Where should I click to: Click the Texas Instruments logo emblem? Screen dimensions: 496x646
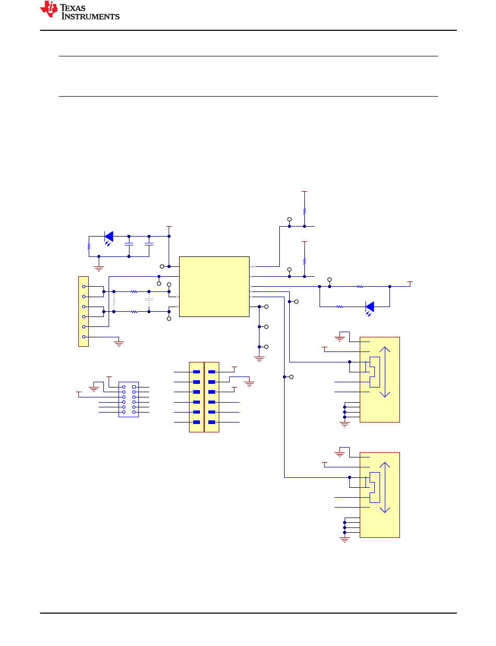click(x=49, y=9)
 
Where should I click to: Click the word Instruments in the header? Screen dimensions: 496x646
click(x=90, y=16)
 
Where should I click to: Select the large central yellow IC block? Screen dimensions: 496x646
click(x=214, y=286)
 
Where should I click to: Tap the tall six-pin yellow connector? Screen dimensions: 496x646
click(x=84, y=311)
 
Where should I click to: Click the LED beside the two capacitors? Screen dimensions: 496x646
click(x=109, y=237)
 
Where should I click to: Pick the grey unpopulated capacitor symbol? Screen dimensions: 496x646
click(x=149, y=299)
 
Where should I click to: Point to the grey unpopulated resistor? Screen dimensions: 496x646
click(x=114, y=301)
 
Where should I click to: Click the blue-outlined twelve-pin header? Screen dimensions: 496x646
click(x=128, y=400)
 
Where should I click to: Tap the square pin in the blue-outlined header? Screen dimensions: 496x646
click(x=134, y=387)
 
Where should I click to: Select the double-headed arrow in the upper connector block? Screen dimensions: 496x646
click(x=385, y=372)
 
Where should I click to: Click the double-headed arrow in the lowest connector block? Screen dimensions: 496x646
click(x=385, y=488)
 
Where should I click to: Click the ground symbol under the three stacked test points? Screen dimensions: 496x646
click(x=259, y=359)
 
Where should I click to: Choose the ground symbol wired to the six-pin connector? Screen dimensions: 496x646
click(x=119, y=344)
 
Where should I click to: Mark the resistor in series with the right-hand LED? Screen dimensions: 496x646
click(x=340, y=307)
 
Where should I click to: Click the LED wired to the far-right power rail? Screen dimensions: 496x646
click(x=370, y=308)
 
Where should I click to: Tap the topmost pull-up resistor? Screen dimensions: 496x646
click(x=304, y=212)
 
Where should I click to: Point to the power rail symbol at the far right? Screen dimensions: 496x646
click(x=410, y=284)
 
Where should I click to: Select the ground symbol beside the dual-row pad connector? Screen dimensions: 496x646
click(x=250, y=384)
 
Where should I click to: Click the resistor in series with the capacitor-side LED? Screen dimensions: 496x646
click(x=89, y=246)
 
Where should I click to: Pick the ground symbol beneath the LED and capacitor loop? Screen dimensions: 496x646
click(x=99, y=268)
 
